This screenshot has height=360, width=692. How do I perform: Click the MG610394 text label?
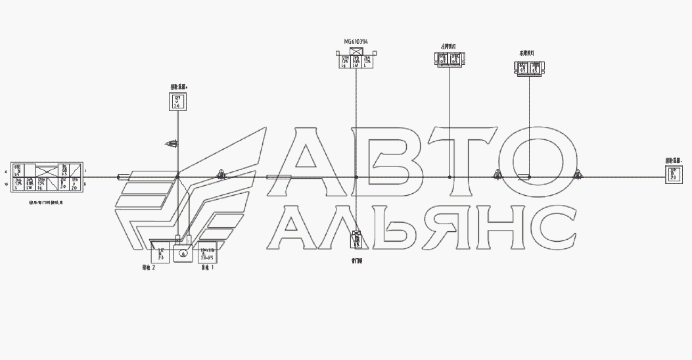[356, 41]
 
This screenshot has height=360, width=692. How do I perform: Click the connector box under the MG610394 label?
[356, 58]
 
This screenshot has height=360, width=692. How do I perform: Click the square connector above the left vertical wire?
[177, 101]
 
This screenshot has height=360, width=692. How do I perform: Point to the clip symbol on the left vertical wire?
[173, 143]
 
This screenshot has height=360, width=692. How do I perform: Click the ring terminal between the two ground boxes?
[183, 252]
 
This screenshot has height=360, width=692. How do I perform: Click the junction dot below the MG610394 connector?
[356, 177]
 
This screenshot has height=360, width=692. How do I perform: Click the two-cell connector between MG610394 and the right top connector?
[450, 59]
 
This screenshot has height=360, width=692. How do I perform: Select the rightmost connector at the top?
[529, 68]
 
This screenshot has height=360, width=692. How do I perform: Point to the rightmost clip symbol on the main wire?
[578, 175]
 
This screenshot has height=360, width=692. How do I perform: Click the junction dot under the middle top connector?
[450, 177]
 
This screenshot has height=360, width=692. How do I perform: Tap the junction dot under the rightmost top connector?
[529, 177]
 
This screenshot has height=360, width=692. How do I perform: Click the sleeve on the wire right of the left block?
[124, 177]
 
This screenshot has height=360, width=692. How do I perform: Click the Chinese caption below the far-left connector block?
[47, 202]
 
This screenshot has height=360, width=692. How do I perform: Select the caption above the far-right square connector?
[674, 160]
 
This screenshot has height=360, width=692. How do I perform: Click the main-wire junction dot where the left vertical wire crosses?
[177, 177]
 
